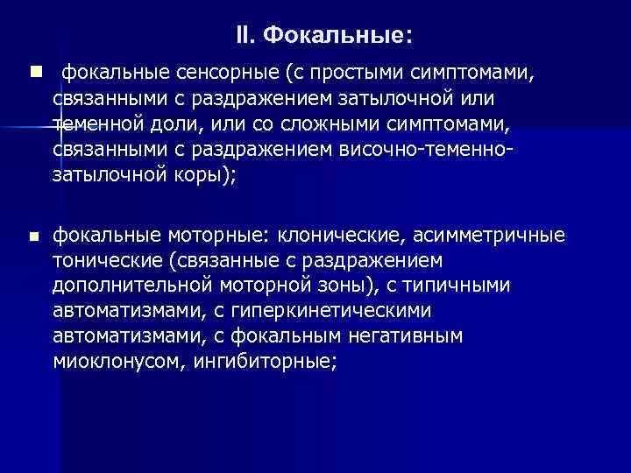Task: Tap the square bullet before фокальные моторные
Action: click(x=34, y=236)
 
